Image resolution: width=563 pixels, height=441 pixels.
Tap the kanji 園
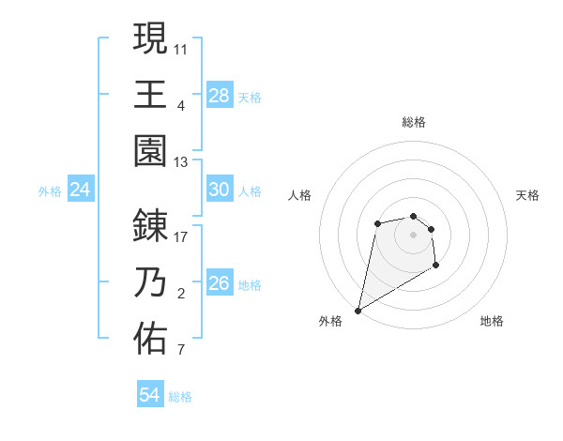coord(150,149)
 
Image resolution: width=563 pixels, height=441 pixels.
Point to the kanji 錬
coord(150,226)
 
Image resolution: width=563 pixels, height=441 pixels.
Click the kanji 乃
coord(150,282)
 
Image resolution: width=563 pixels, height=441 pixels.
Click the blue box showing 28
coord(220,96)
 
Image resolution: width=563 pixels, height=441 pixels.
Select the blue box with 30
coord(220,190)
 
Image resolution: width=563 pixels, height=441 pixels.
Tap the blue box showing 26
coord(220,283)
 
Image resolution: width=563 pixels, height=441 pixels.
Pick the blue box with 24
coord(80,190)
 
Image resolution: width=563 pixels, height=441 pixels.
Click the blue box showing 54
coord(150,396)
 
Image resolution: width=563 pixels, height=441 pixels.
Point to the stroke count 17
coord(182,236)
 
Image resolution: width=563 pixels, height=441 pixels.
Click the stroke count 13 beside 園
coord(182,161)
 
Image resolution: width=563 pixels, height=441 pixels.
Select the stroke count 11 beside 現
coord(182,47)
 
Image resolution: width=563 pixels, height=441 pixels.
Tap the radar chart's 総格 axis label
coord(414,122)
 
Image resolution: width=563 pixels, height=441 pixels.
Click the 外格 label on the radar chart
coord(330,321)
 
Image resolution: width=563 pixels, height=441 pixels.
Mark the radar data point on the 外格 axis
coord(358,310)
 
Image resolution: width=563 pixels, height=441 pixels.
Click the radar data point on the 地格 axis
coord(436,266)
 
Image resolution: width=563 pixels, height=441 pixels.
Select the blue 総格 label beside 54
coord(180,397)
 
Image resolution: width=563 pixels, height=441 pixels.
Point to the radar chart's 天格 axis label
coord(528,195)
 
